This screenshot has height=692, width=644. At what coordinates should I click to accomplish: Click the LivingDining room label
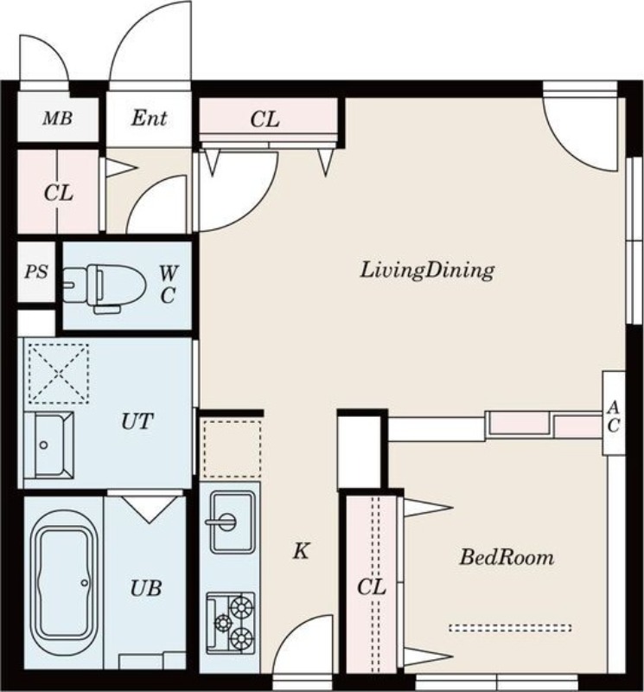pyautogui.click(x=427, y=270)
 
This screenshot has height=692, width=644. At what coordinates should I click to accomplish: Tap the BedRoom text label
pyautogui.click(x=507, y=557)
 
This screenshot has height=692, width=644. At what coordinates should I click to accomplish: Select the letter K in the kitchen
pyautogui.click(x=302, y=551)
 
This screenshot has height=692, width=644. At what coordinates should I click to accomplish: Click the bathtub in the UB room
pyautogui.click(x=63, y=577)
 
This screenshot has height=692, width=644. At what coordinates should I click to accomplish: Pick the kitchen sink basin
pyautogui.click(x=233, y=522)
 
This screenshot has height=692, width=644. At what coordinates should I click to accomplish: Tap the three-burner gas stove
pyautogui.click(x=230, y=623)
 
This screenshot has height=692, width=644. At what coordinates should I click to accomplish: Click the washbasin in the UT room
pyautogui.click(x=48, y=445)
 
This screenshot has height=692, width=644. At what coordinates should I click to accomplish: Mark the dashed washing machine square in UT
pyautogui.click(x=59, y=374)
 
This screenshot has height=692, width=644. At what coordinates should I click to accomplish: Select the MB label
pyautogui.click(x=57, y=119)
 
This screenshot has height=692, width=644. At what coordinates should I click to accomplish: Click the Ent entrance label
pyautogui.click(x=149, y=118)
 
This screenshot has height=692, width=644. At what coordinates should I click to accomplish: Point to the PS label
pyautogui.click(x=36, y=272)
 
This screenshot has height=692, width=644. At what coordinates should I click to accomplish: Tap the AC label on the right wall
pyautogui.click(x=614, y=417)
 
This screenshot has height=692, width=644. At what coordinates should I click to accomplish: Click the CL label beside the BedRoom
pyautogui.click(x=372, y=587)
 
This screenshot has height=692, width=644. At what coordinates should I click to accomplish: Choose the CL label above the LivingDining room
pyautogui.click(x=265, y=119)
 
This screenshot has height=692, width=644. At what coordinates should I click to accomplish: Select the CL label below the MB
pyautogui.click(x=58, y=193)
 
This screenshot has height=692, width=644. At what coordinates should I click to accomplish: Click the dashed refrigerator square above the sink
pyautogui.click(x=232, y=449)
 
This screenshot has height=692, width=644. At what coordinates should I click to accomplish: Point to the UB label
pyautogui.click(x=145, y=588)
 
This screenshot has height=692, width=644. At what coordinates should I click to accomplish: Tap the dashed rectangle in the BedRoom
pyautogui.click(x=510, y=628)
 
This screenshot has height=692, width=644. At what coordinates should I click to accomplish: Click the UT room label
pyautogui.click(x=137, y=421)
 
